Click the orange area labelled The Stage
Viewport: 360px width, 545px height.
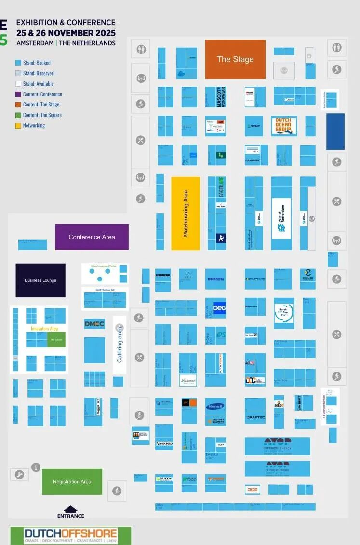click(235, 59)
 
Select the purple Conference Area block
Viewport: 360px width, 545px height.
click(92, 237)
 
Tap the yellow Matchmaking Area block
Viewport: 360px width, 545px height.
click(186, 213)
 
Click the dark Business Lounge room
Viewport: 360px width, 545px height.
click(40, 280)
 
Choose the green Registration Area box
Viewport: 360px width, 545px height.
click(72, 481)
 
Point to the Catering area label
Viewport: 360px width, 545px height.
click(120, 345)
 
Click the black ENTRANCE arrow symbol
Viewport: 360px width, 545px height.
click(70, 509)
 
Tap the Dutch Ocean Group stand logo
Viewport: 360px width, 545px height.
click(283, 126)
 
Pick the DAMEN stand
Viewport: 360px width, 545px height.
click(215, 279)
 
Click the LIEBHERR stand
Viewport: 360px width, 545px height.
click(163, 275)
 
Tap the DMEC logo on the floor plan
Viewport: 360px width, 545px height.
click(94, 324)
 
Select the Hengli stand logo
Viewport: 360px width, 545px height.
click(215, 407)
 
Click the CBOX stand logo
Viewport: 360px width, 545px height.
click(253, 489)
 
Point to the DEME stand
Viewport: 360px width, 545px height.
click(254, 126)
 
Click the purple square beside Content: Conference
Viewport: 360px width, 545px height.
click(18, 94)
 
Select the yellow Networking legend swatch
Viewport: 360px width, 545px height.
click(18, 126)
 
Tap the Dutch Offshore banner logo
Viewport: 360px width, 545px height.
click(71, 535)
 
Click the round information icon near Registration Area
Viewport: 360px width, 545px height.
click(36, 466)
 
